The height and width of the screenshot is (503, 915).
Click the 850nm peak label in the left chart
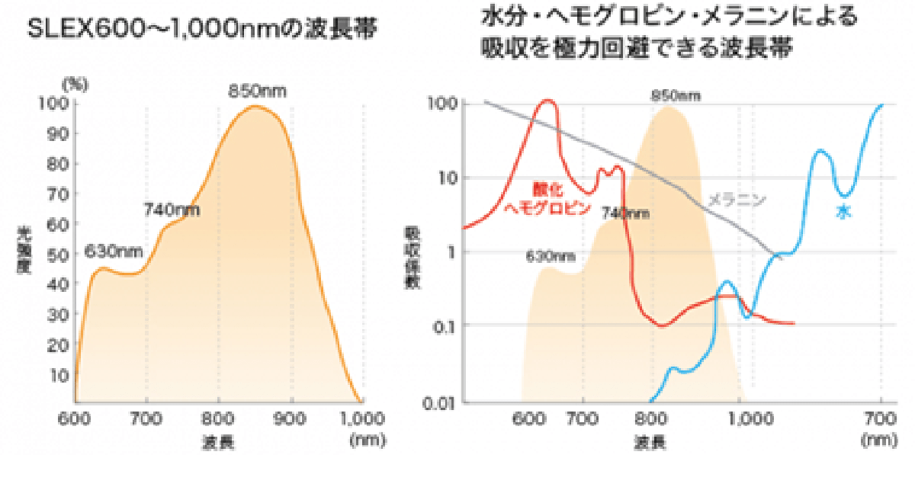(258, 91)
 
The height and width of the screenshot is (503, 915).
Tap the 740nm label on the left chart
(172, 210)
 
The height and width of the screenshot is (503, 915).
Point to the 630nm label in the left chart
(114, 251)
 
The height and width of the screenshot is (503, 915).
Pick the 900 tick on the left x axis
(291, 418)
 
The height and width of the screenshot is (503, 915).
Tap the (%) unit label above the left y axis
(75, 85)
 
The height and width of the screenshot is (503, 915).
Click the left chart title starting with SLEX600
(203, 30)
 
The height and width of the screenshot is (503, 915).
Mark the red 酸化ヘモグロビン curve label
(548, 200)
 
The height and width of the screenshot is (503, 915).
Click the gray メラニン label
(736, 200)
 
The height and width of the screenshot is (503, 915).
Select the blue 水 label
(843, 213)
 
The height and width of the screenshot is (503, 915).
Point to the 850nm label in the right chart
(676, 96)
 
